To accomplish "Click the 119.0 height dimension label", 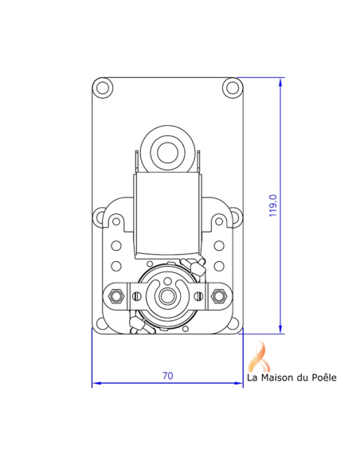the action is pyautogui.click(x=273, y=205).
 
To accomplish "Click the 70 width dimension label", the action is pyautogui.click(x=167, y=376).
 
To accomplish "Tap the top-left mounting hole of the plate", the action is pyautogui.click(x=103, y=88).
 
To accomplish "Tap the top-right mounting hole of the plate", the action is pyautogui.click(x=233, y=88).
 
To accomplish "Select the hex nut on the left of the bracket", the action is pyautogui.click(x=116, y=296).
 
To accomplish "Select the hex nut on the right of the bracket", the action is pyautogui.click(x=219, y=296).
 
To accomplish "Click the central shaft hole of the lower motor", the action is pyautogui.click(x=168, y=295).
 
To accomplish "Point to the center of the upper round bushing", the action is pyautogui.click(x=167, y=153).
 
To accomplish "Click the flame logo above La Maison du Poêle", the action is pyautogui.click(x=259, y=356).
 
